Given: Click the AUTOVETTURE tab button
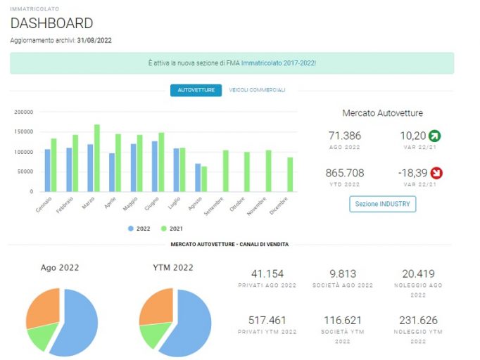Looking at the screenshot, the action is (196, 90).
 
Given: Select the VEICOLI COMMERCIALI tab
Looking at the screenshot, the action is (257, 90).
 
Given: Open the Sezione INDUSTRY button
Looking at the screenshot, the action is (383, 204).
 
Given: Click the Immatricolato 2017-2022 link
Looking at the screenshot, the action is (279, 63).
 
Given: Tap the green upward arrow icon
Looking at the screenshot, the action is (435, 136).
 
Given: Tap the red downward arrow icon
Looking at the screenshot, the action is (436, 173).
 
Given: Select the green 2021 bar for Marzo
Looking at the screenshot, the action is (96, 158).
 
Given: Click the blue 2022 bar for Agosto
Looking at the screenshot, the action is (198, 178).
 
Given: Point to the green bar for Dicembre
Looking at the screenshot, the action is (290, 174).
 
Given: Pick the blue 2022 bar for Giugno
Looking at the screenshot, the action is (155, 167).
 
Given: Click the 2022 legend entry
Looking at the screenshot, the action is (139, 229).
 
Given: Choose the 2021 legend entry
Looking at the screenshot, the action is (172, 229).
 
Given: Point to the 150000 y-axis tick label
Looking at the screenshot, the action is (23, 131).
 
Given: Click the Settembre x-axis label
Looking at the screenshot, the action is (214, 206).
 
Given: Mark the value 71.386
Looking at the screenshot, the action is (345, 136).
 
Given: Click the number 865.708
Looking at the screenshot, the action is (345, 173).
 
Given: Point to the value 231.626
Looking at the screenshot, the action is (418, 320).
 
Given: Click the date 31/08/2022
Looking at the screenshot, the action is (94, 40).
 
